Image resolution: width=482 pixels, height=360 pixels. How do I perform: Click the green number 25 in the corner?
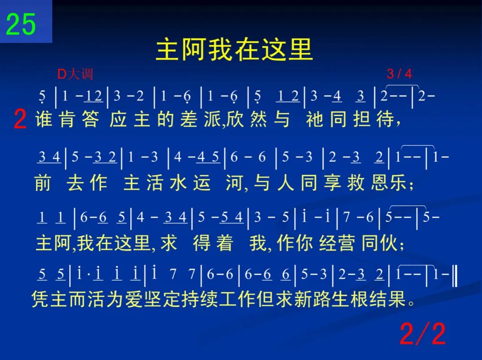21,24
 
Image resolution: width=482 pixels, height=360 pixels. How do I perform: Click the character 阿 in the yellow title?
193,50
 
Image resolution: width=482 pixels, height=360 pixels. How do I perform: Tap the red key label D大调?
75,74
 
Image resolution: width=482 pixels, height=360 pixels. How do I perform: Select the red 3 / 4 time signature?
399,74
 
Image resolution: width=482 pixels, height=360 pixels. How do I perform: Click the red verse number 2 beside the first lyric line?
20,120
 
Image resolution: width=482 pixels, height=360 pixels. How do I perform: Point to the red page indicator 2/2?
423,334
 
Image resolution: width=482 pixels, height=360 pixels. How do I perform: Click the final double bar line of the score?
455,276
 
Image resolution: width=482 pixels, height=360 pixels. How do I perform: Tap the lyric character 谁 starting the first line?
44,119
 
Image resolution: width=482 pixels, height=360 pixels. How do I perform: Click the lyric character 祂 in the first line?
315,119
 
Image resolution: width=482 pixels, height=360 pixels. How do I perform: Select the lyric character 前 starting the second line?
43,183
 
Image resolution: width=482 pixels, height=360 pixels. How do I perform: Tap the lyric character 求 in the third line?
169,243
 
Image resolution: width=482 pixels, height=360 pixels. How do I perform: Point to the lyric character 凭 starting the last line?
41,299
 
